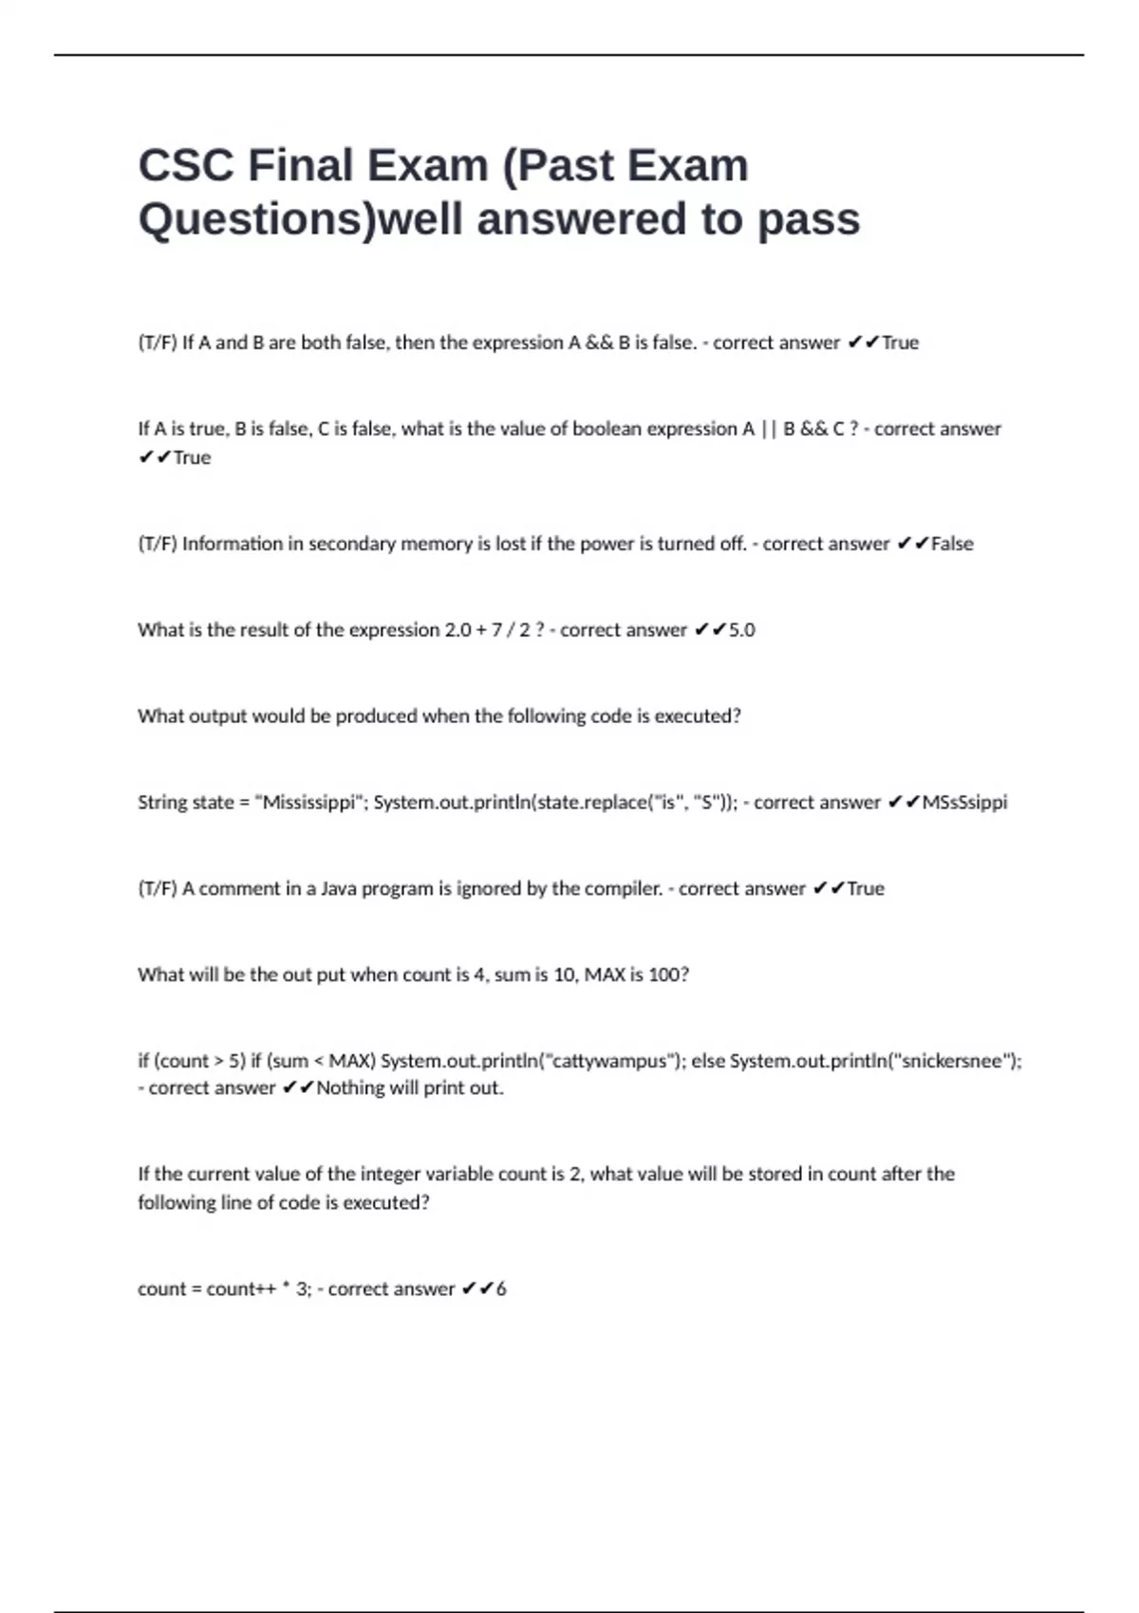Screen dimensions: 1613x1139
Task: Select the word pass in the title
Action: pos(809,219)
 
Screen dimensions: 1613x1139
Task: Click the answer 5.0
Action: pos(741,630)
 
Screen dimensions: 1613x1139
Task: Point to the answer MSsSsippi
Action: pos(964,803)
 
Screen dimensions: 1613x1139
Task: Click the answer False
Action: pos(952,544)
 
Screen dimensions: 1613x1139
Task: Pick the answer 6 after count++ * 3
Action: pos(501,1289)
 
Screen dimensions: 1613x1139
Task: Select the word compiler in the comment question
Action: pos(621,889)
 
